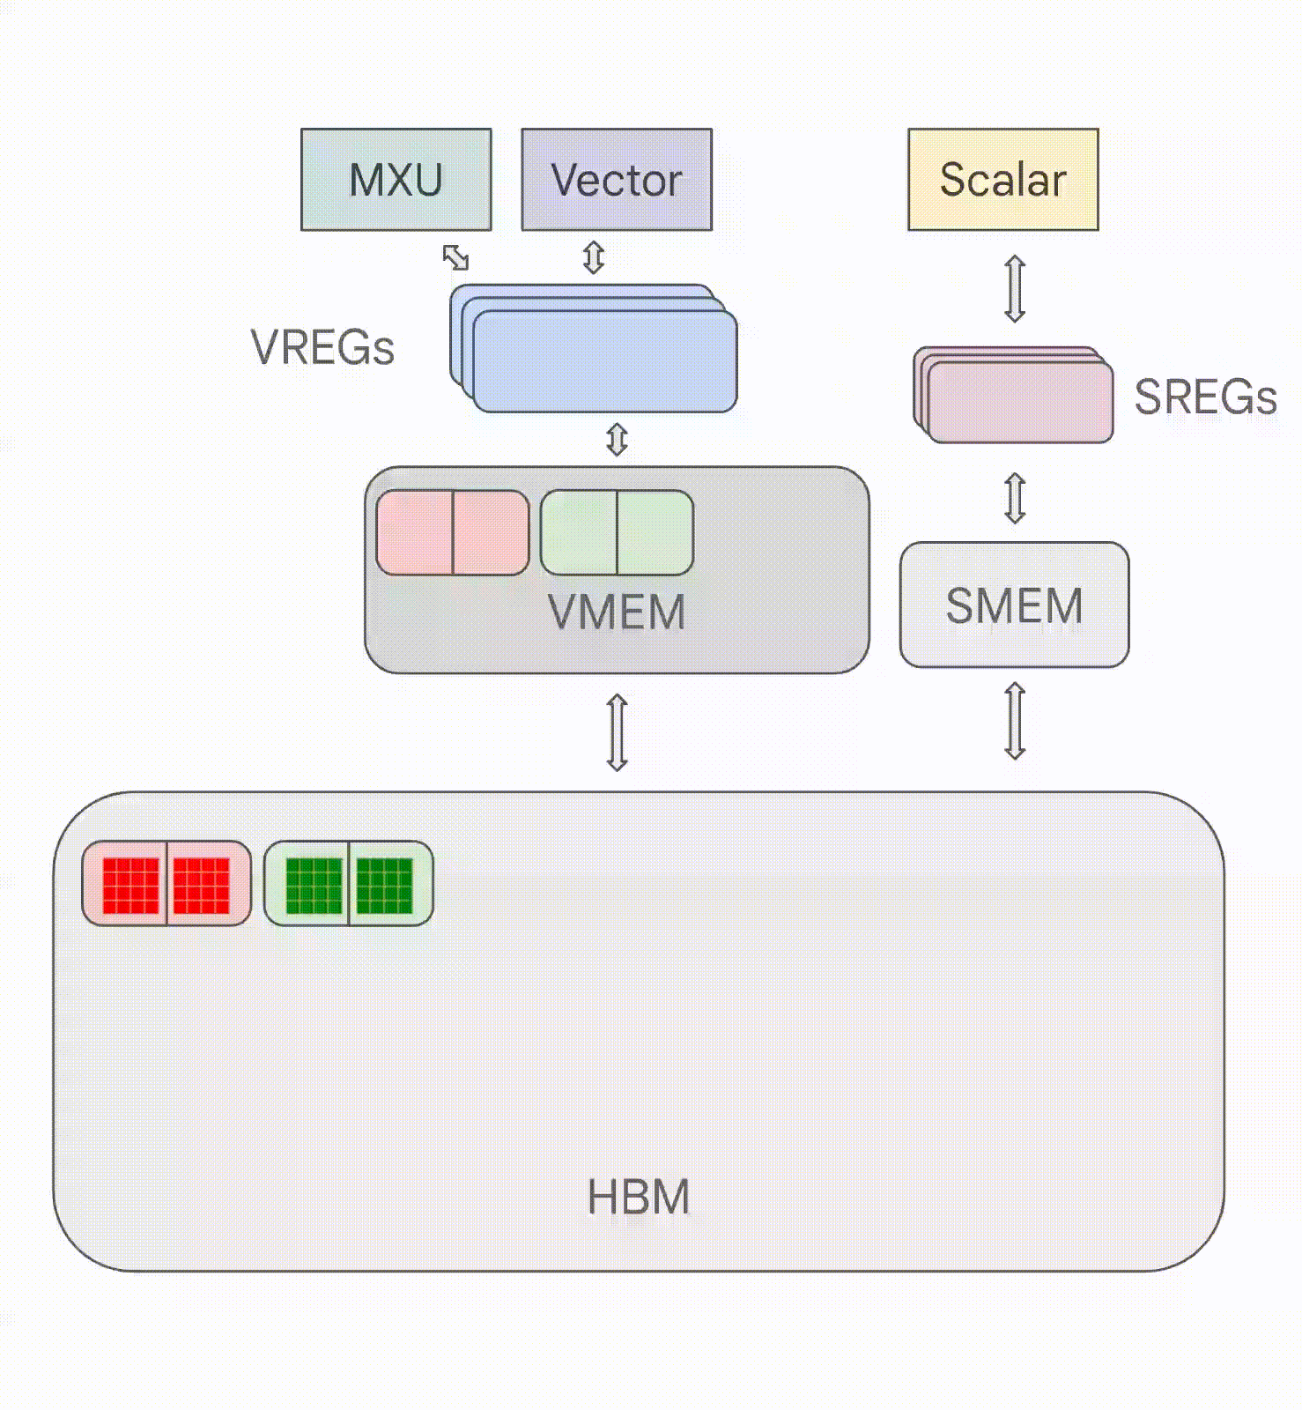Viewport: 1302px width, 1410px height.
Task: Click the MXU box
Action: pyautogui.click(x=396, y=180)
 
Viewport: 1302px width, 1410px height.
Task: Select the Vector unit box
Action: pyautogui.click(x=617, y=180)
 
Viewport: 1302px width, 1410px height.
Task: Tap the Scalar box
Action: pyautogui.click(x=1002, y=180)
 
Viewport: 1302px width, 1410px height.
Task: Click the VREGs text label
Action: pyautogui.click(x=322, y=347)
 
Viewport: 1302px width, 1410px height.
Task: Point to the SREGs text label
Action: pyautogui.click(x=1204, y=397)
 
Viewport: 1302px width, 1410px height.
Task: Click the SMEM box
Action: pyautogui.click(x=1014, y=605)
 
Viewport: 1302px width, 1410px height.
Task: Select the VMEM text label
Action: pyautogui.click(x=617, y=612)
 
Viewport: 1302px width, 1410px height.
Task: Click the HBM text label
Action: pyautogui.click(x=638, y=1197)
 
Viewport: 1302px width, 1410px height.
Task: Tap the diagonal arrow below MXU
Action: pyautogui.click(x=455, y=257)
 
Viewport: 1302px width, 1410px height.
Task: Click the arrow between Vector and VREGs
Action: pyautogui.click(x=594, y=257)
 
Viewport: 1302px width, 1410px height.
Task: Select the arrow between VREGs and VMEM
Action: pyautogui.click(x=617, y=439)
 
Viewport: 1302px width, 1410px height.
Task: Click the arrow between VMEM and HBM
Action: pyautogui.click(x=617, y=732)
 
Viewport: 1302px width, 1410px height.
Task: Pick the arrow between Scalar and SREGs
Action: pyautogui.click(x=1015, y=288)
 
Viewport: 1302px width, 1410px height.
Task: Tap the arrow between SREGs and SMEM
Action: pyautogui.click(x=1015, y=498)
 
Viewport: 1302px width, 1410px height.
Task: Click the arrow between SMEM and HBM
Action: pyautogui.click(x=1015, y=721)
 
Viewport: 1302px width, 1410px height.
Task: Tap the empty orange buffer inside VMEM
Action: pyautogui.click(x=453, y=533)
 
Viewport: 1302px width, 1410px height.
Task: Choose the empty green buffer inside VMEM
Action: pyautogui.click(x=617, y=533)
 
